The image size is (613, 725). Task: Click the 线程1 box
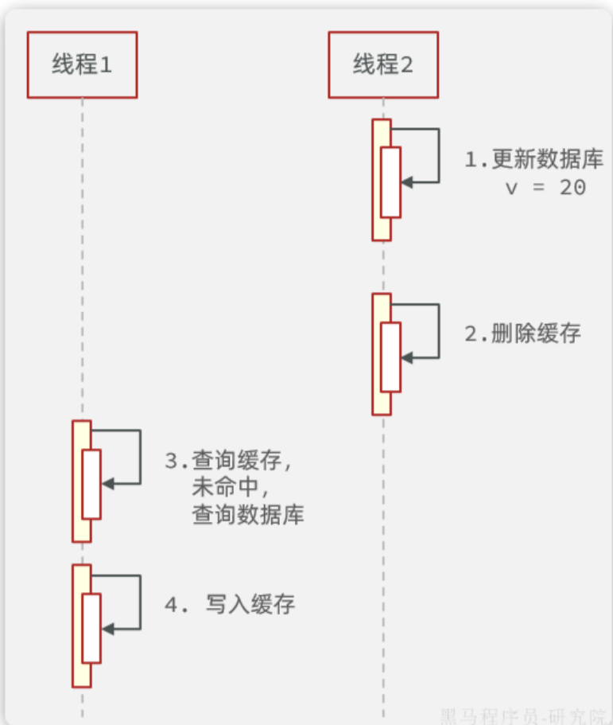tap(82, 64)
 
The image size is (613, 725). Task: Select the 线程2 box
tap(382, 64)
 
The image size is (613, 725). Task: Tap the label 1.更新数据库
tap(534, 159)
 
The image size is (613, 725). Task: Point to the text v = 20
tap(545, 188)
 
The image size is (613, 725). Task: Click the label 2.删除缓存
tap(522, 333)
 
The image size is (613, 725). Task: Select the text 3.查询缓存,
tap(229, 462)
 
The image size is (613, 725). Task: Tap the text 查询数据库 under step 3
tap(248, 515)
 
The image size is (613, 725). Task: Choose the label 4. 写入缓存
tap(230, 605)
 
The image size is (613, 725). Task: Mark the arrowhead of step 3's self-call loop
tap(107, 484)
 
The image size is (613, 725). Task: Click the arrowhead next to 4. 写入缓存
tap(107, 629)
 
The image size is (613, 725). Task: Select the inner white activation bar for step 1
tap(390, 182)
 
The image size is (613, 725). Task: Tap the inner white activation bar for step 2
tap(390, 357)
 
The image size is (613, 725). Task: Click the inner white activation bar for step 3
tap(91, 484)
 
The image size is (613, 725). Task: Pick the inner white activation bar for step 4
tap(91, 628)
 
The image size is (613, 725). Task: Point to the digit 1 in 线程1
tap(105, 65)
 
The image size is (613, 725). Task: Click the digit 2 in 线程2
tap(405, 65)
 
